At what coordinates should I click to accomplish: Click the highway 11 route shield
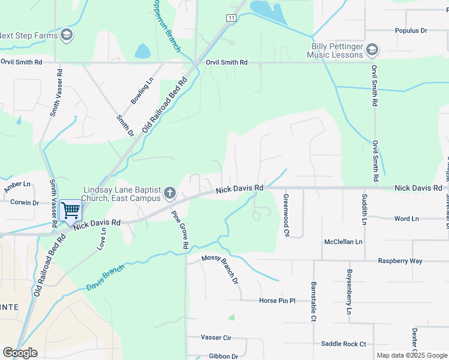coord(231,18)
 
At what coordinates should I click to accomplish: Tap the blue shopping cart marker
coord(70,211)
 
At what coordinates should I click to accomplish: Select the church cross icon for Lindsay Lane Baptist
coord(169,193)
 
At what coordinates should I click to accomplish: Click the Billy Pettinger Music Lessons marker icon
coord(372,49)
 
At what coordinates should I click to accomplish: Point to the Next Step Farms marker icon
coord(67,35)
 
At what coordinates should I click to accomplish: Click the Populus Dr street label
coord(411,30)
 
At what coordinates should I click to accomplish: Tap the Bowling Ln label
coord(142,88)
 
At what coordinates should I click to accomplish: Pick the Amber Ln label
coord(17,184)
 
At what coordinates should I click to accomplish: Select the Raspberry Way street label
coord(400,261)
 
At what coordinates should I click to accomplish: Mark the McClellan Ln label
coord(343,242)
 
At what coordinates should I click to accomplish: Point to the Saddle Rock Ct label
coord(343,344)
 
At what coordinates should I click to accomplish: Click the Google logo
coord(20,353)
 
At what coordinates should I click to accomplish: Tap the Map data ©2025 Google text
coord(412,355)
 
